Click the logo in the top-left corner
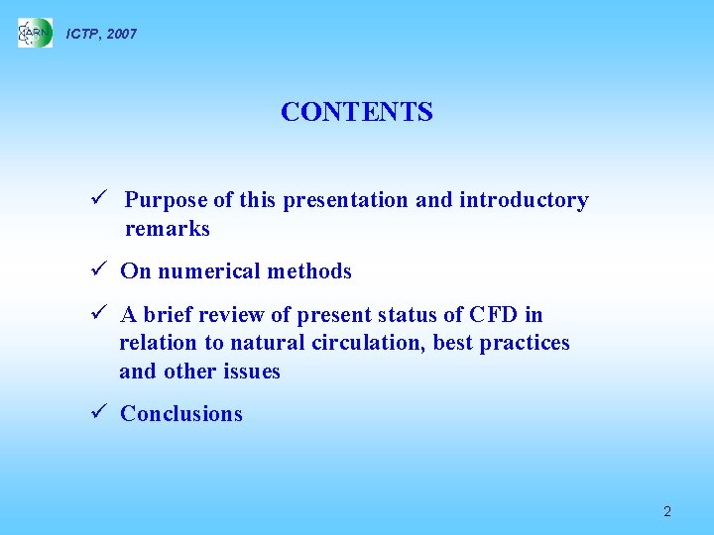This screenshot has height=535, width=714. click(35, 34)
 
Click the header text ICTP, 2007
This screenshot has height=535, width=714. click(101, 34)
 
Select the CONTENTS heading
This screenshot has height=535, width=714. click(356, 112)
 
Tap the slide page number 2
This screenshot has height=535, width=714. click(666, 511)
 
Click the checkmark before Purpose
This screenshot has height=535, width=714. click(96, 200)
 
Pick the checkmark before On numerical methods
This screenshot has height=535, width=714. click(96, 271)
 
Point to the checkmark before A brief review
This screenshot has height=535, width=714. click(96, 315)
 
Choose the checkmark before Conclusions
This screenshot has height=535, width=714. click(96, 414)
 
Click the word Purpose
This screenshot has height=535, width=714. click(166, 200)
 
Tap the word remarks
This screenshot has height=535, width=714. click(167, 229)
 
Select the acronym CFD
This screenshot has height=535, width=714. click(495, 315)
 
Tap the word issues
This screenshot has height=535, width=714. click(252, 372)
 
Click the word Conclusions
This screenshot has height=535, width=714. click(180, 414)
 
